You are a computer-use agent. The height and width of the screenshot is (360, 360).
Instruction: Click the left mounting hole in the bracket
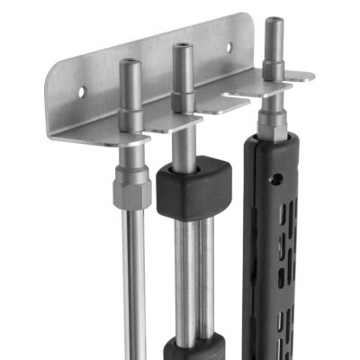[x=82, y=91]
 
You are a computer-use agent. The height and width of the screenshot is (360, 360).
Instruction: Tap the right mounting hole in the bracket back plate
[x=229, y=47]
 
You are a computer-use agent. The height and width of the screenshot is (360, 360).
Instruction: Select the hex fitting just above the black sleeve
[x=272, y=120]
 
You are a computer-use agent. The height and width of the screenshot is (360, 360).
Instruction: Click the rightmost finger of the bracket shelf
[x=300, y=78]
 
